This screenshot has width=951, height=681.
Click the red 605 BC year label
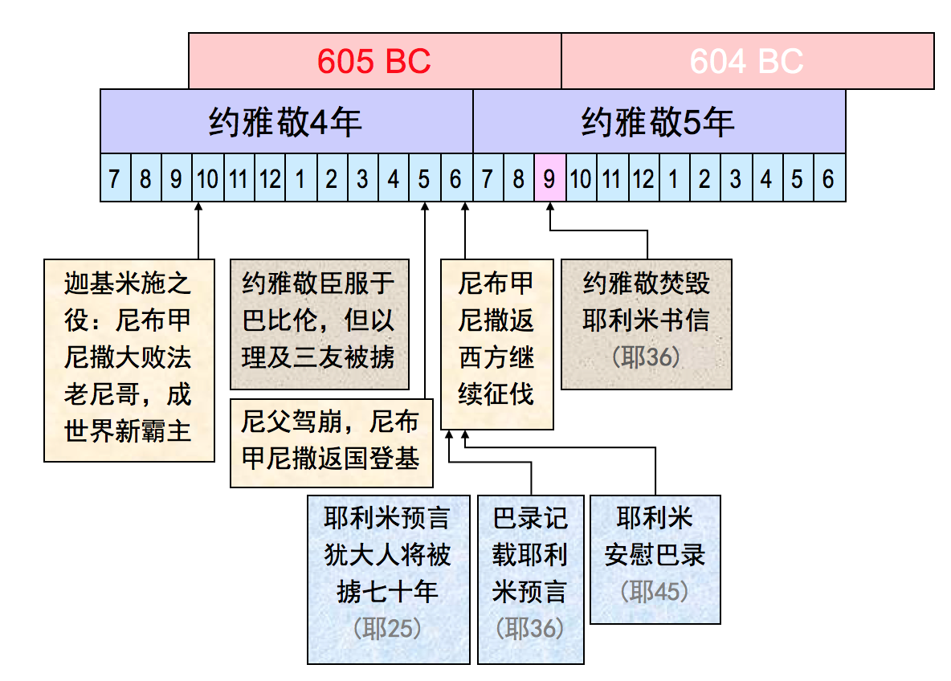(373, 61)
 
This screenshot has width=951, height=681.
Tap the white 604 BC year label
(746, 61)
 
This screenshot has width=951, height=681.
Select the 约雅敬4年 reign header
(286, 121)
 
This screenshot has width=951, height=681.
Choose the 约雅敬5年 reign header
(659, 121)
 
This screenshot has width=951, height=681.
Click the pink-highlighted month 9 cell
(550, 177)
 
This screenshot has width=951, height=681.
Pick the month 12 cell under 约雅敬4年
(270, 177)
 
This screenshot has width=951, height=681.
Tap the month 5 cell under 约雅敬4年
(424, 177)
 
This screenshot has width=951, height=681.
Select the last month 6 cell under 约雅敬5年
(829, 177)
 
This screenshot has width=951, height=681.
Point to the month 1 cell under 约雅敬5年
(673, 177)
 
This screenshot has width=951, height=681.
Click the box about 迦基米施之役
(129, 360)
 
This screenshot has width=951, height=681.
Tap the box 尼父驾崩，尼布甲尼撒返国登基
(331, 442)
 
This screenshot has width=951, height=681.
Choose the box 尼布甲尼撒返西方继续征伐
(496, 344)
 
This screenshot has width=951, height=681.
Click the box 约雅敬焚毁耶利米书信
(646, 324)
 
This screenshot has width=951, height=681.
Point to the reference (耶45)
(655, 592)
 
